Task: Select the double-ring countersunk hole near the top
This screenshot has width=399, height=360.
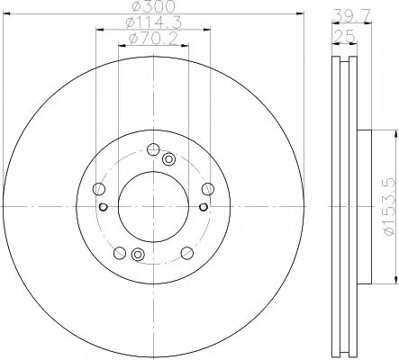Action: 168,160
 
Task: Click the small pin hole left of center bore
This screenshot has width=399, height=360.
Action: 104,209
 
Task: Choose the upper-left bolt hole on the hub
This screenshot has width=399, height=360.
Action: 98,189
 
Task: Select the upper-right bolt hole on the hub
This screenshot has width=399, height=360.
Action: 208,188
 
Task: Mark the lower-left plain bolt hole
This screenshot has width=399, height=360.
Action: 119,251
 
